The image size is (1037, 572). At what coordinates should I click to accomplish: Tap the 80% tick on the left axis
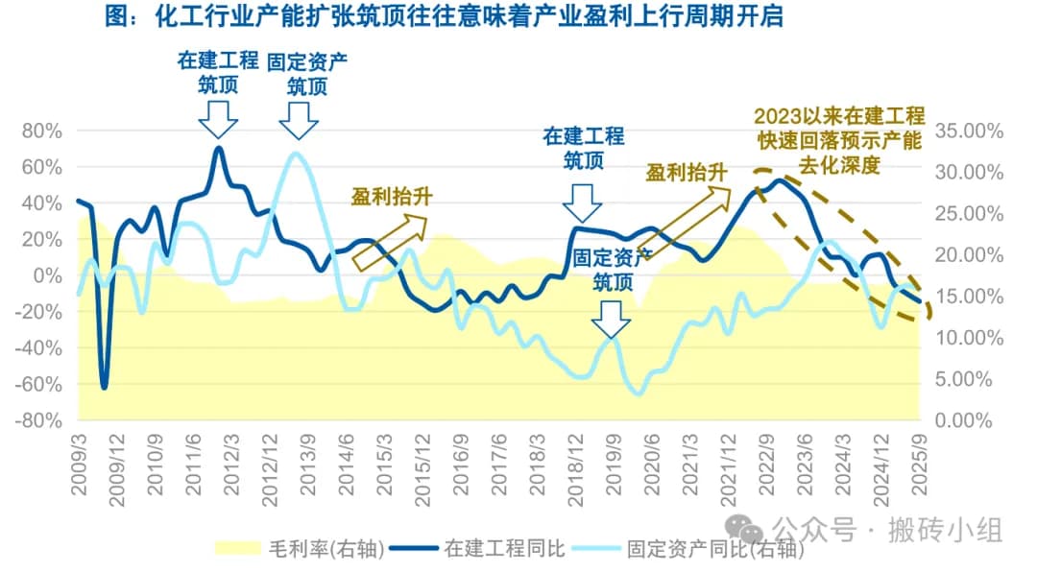[x=42, y=131]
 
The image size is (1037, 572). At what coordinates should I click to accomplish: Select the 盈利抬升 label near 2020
[x=686, y=173]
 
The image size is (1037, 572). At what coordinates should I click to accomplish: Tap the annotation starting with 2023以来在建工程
[x=838, y=140]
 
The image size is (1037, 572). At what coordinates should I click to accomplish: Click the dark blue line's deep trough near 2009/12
[x=104, y=386]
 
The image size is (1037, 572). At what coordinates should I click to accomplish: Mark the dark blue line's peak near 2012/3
[x=219, y=148]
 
